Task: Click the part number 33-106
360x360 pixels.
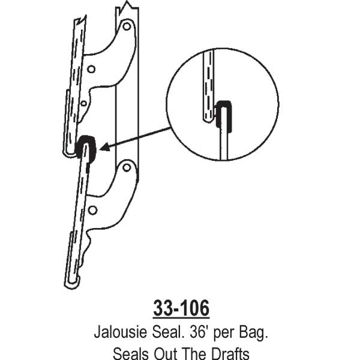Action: coord(181,308)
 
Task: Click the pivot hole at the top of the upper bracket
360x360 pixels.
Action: coord(125,27)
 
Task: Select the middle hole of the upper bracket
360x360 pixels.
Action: coord(91,69)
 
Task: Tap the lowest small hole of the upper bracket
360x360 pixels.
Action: coord(83,103)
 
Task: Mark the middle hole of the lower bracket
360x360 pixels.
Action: coord(92,210)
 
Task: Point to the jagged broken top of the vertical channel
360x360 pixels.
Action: coord(128,8)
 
